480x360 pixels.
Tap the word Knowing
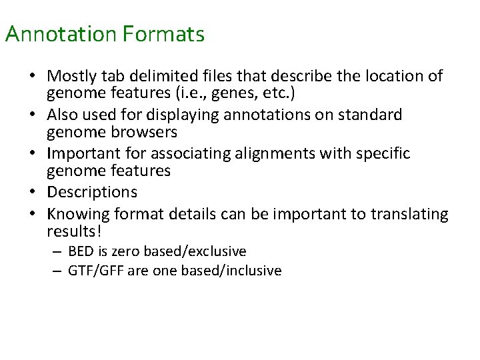pos(77,215)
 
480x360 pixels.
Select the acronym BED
pos(79,251)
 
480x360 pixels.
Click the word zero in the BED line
pos(117,251)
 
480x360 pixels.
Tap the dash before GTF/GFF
pos(57,271)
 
